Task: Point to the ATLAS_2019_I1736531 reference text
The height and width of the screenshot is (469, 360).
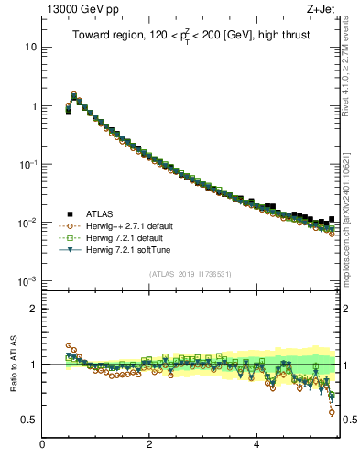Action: (x=191, y=274)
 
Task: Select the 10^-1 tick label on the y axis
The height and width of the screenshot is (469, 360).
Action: (x=28, y=164)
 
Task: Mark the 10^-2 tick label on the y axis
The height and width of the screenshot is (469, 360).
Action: (x=28, y=223)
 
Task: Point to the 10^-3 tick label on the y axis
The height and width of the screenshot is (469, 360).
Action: (x=28, y=281)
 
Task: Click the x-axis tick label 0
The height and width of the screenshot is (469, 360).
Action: (x=43, y=444)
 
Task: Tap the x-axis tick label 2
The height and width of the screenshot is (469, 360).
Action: (x=149, y=444)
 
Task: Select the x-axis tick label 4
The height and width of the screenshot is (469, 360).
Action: (x=256, y=444)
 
